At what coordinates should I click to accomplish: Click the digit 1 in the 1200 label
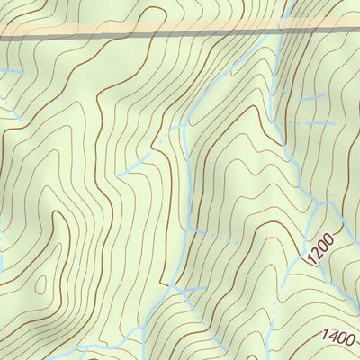pos(311,260)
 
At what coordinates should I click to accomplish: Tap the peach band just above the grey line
pos(135,27)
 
